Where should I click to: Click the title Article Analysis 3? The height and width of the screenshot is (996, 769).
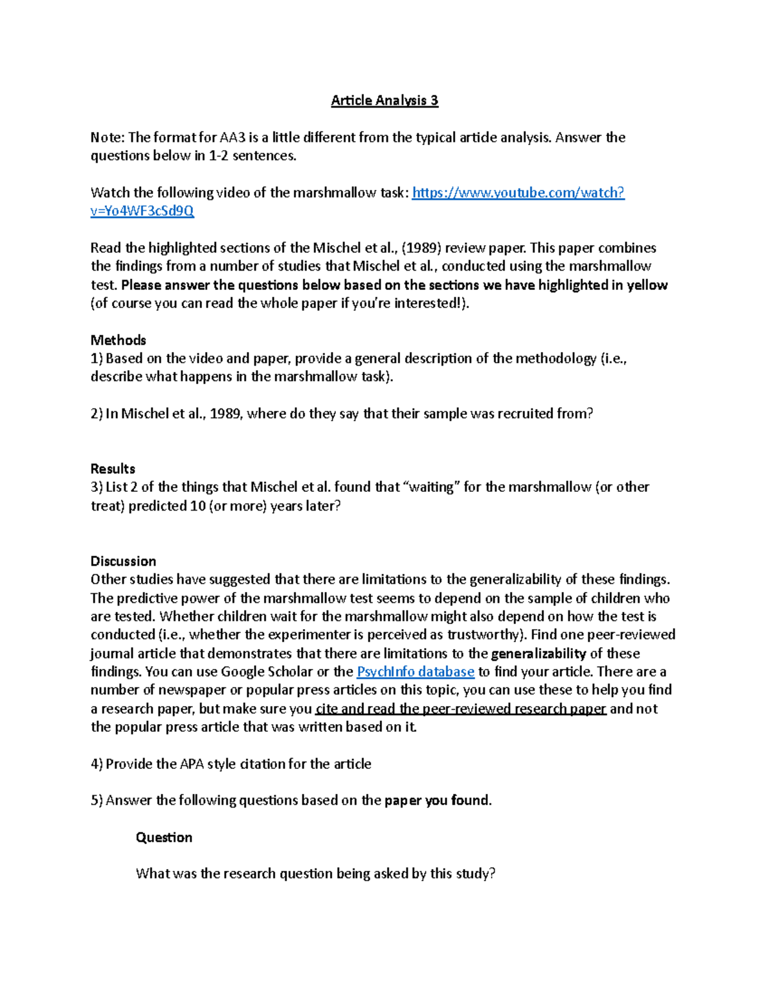[x=384, y=100]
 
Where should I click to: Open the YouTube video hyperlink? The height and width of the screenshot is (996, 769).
[x=518, y=192]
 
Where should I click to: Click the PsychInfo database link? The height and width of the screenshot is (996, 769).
[x=415, y=671]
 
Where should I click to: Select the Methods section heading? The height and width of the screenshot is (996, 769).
[x=118, y=340]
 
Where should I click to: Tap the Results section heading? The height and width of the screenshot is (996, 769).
[x=113, y=468]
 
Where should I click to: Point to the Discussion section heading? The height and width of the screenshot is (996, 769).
[x=123, y=561]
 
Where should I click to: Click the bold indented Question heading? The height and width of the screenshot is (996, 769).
[x=164, y=837]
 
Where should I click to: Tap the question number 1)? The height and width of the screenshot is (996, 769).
[x=97, y=359]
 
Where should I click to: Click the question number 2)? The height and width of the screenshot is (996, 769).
[x=97, y=414]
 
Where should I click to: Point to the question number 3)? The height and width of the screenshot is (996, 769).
[x=97, y=487]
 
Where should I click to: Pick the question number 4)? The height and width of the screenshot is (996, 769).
[x=97, y=764]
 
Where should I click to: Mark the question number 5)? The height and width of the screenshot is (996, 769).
[x=97, y=800]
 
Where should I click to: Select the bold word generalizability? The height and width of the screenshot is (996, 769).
[x=538, y=654]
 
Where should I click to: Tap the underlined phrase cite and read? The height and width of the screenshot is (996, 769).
[x=356, y=709]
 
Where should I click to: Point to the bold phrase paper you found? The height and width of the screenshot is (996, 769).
[x=437, y=800]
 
